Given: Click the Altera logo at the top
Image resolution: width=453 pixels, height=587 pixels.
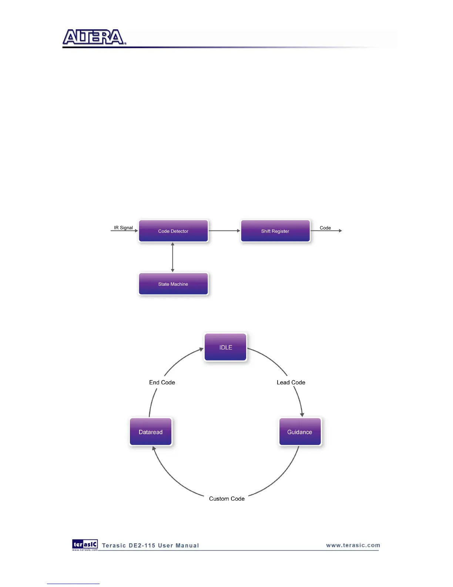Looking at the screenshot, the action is pos(94,37).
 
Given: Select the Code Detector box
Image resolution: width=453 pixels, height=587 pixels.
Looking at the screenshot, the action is pos(173,231).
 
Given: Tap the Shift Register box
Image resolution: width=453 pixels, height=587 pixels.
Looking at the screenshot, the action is pos(275,231).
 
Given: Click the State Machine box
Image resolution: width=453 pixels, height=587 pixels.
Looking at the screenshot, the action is pos(173,284).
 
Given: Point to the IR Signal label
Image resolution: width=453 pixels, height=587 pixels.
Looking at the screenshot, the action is pos(123,228).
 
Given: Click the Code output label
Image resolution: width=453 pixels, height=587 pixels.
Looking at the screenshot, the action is pos(325,228).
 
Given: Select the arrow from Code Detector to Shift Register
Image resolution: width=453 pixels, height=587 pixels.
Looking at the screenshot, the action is pos(224,231).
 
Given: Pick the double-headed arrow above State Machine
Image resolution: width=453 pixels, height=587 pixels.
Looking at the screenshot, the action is pos(172,257).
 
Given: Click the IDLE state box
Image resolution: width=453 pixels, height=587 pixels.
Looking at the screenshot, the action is pos(225,347).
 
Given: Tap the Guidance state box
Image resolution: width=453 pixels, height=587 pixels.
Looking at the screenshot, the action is pos(300,432).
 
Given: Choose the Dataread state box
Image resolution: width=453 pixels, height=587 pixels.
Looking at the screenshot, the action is pos(151,432).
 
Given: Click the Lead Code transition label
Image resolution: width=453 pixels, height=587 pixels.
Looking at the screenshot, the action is pos(291,382).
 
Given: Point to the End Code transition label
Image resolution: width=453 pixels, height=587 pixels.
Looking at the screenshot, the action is pos(162,382).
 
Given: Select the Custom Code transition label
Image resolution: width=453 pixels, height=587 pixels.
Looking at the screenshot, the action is pos(227,498).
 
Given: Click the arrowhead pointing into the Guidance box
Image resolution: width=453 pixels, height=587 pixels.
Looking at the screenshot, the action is pos(302,415).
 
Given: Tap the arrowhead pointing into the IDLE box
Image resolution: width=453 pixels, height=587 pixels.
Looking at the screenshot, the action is pos(201,349).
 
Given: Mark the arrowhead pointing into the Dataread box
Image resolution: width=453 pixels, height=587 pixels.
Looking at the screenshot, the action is pos(154,449).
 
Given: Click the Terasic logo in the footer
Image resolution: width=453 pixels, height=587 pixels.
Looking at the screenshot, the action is pos(85,544).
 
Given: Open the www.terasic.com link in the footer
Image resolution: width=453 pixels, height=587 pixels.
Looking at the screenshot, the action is pos(353,545).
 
